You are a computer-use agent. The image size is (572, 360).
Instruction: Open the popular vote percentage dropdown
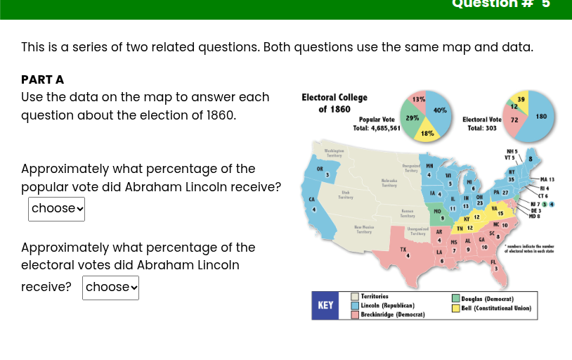pyautogui.click(x=56, y=209)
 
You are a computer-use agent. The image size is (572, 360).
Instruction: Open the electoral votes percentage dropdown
pyautogui.click(x=110, y=288)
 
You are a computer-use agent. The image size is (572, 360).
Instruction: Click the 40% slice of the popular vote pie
pyautogui.click(x=441, y=110)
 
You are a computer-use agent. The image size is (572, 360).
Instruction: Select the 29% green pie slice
pyautogui.click(x=413, y=118)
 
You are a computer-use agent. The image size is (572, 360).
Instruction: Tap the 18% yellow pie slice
pyautogui.click(x=427, y=132)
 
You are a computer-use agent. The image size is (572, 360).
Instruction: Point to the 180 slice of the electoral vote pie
pyautogui.click(x=542, y=116)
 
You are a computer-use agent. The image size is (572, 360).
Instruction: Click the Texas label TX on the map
pyautogui.click(x=403, y=250)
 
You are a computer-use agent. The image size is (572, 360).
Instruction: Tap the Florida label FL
pyautogui.click(x=493, y=262)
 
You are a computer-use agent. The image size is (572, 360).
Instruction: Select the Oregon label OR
pyautogui.click(x=319, y=169)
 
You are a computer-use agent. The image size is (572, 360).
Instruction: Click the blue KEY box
pyautogui.click(x=325, y=305)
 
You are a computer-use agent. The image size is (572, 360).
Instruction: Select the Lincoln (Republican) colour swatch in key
pyautogui.click(x=355, y=306)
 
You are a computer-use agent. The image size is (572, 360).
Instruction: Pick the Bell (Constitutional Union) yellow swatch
pyautogui.click(x=456, y=308)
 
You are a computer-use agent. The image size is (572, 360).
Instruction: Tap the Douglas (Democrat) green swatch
pyautogui.click(x=456, y=299)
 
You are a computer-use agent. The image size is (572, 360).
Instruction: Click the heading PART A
pyautogui.click(x=42, y=79)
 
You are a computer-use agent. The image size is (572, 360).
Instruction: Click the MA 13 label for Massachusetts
pyautogui.click(x=547, y=180)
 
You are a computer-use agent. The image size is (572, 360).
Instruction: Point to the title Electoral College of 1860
pyautogui.click(x=334, y=103)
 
